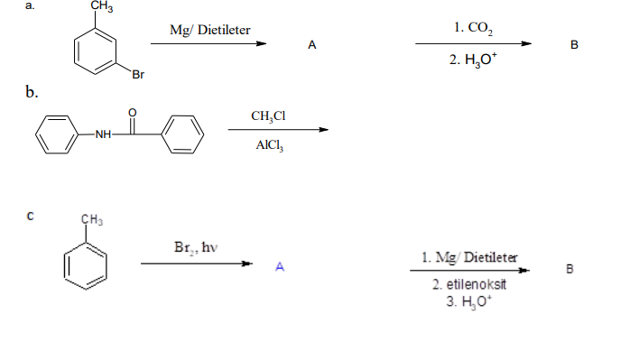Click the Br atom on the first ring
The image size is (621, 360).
click(137, 75)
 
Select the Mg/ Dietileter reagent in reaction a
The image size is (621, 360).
click(210, 31)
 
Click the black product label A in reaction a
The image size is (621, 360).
click(311, 44)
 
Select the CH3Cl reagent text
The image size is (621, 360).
click(269, 115)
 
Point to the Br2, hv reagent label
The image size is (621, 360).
click(197, 246)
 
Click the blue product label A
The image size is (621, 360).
click(280, 266)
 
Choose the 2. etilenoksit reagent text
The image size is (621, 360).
click(469, 284)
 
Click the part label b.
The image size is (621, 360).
click(32, 92)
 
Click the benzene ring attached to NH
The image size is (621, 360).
click(56, 134)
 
